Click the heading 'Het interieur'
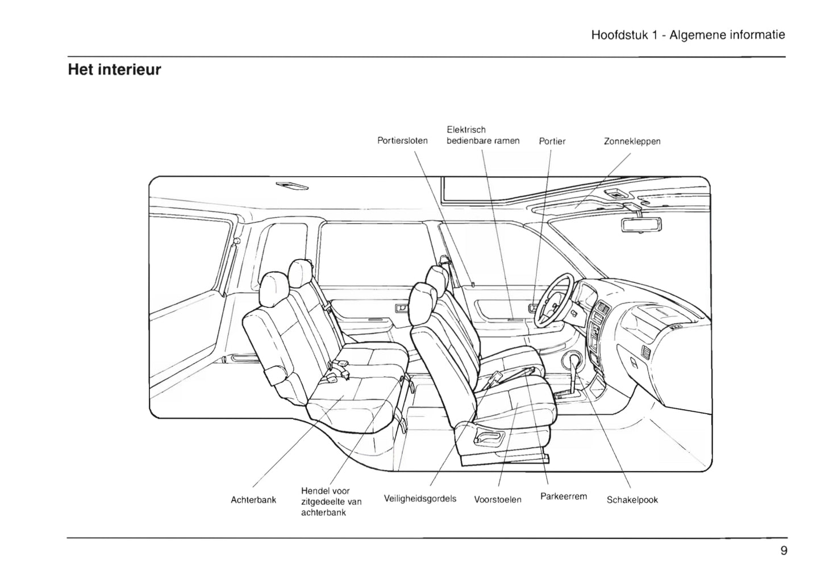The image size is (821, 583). point(114,70)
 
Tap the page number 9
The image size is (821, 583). point(784,551)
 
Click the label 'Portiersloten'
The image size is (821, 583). point(402,140)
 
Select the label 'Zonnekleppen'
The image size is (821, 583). point(632,141)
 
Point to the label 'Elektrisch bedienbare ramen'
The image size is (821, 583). point(482,135)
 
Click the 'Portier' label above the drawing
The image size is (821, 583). point(552,141)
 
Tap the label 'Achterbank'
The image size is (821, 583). point(253,500)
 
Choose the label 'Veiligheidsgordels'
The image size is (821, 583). point(420,499)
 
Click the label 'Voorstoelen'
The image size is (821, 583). point(498,499)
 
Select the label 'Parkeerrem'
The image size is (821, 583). point(563,496)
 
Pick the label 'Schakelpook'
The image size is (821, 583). point(632,500)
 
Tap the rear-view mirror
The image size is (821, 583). point(642,224)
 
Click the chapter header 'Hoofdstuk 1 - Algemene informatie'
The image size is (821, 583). point(688,35)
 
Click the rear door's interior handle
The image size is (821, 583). point(401,308)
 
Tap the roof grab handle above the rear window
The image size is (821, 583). point(292,186)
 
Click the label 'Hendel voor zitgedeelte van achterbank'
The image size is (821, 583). point(331,501)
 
